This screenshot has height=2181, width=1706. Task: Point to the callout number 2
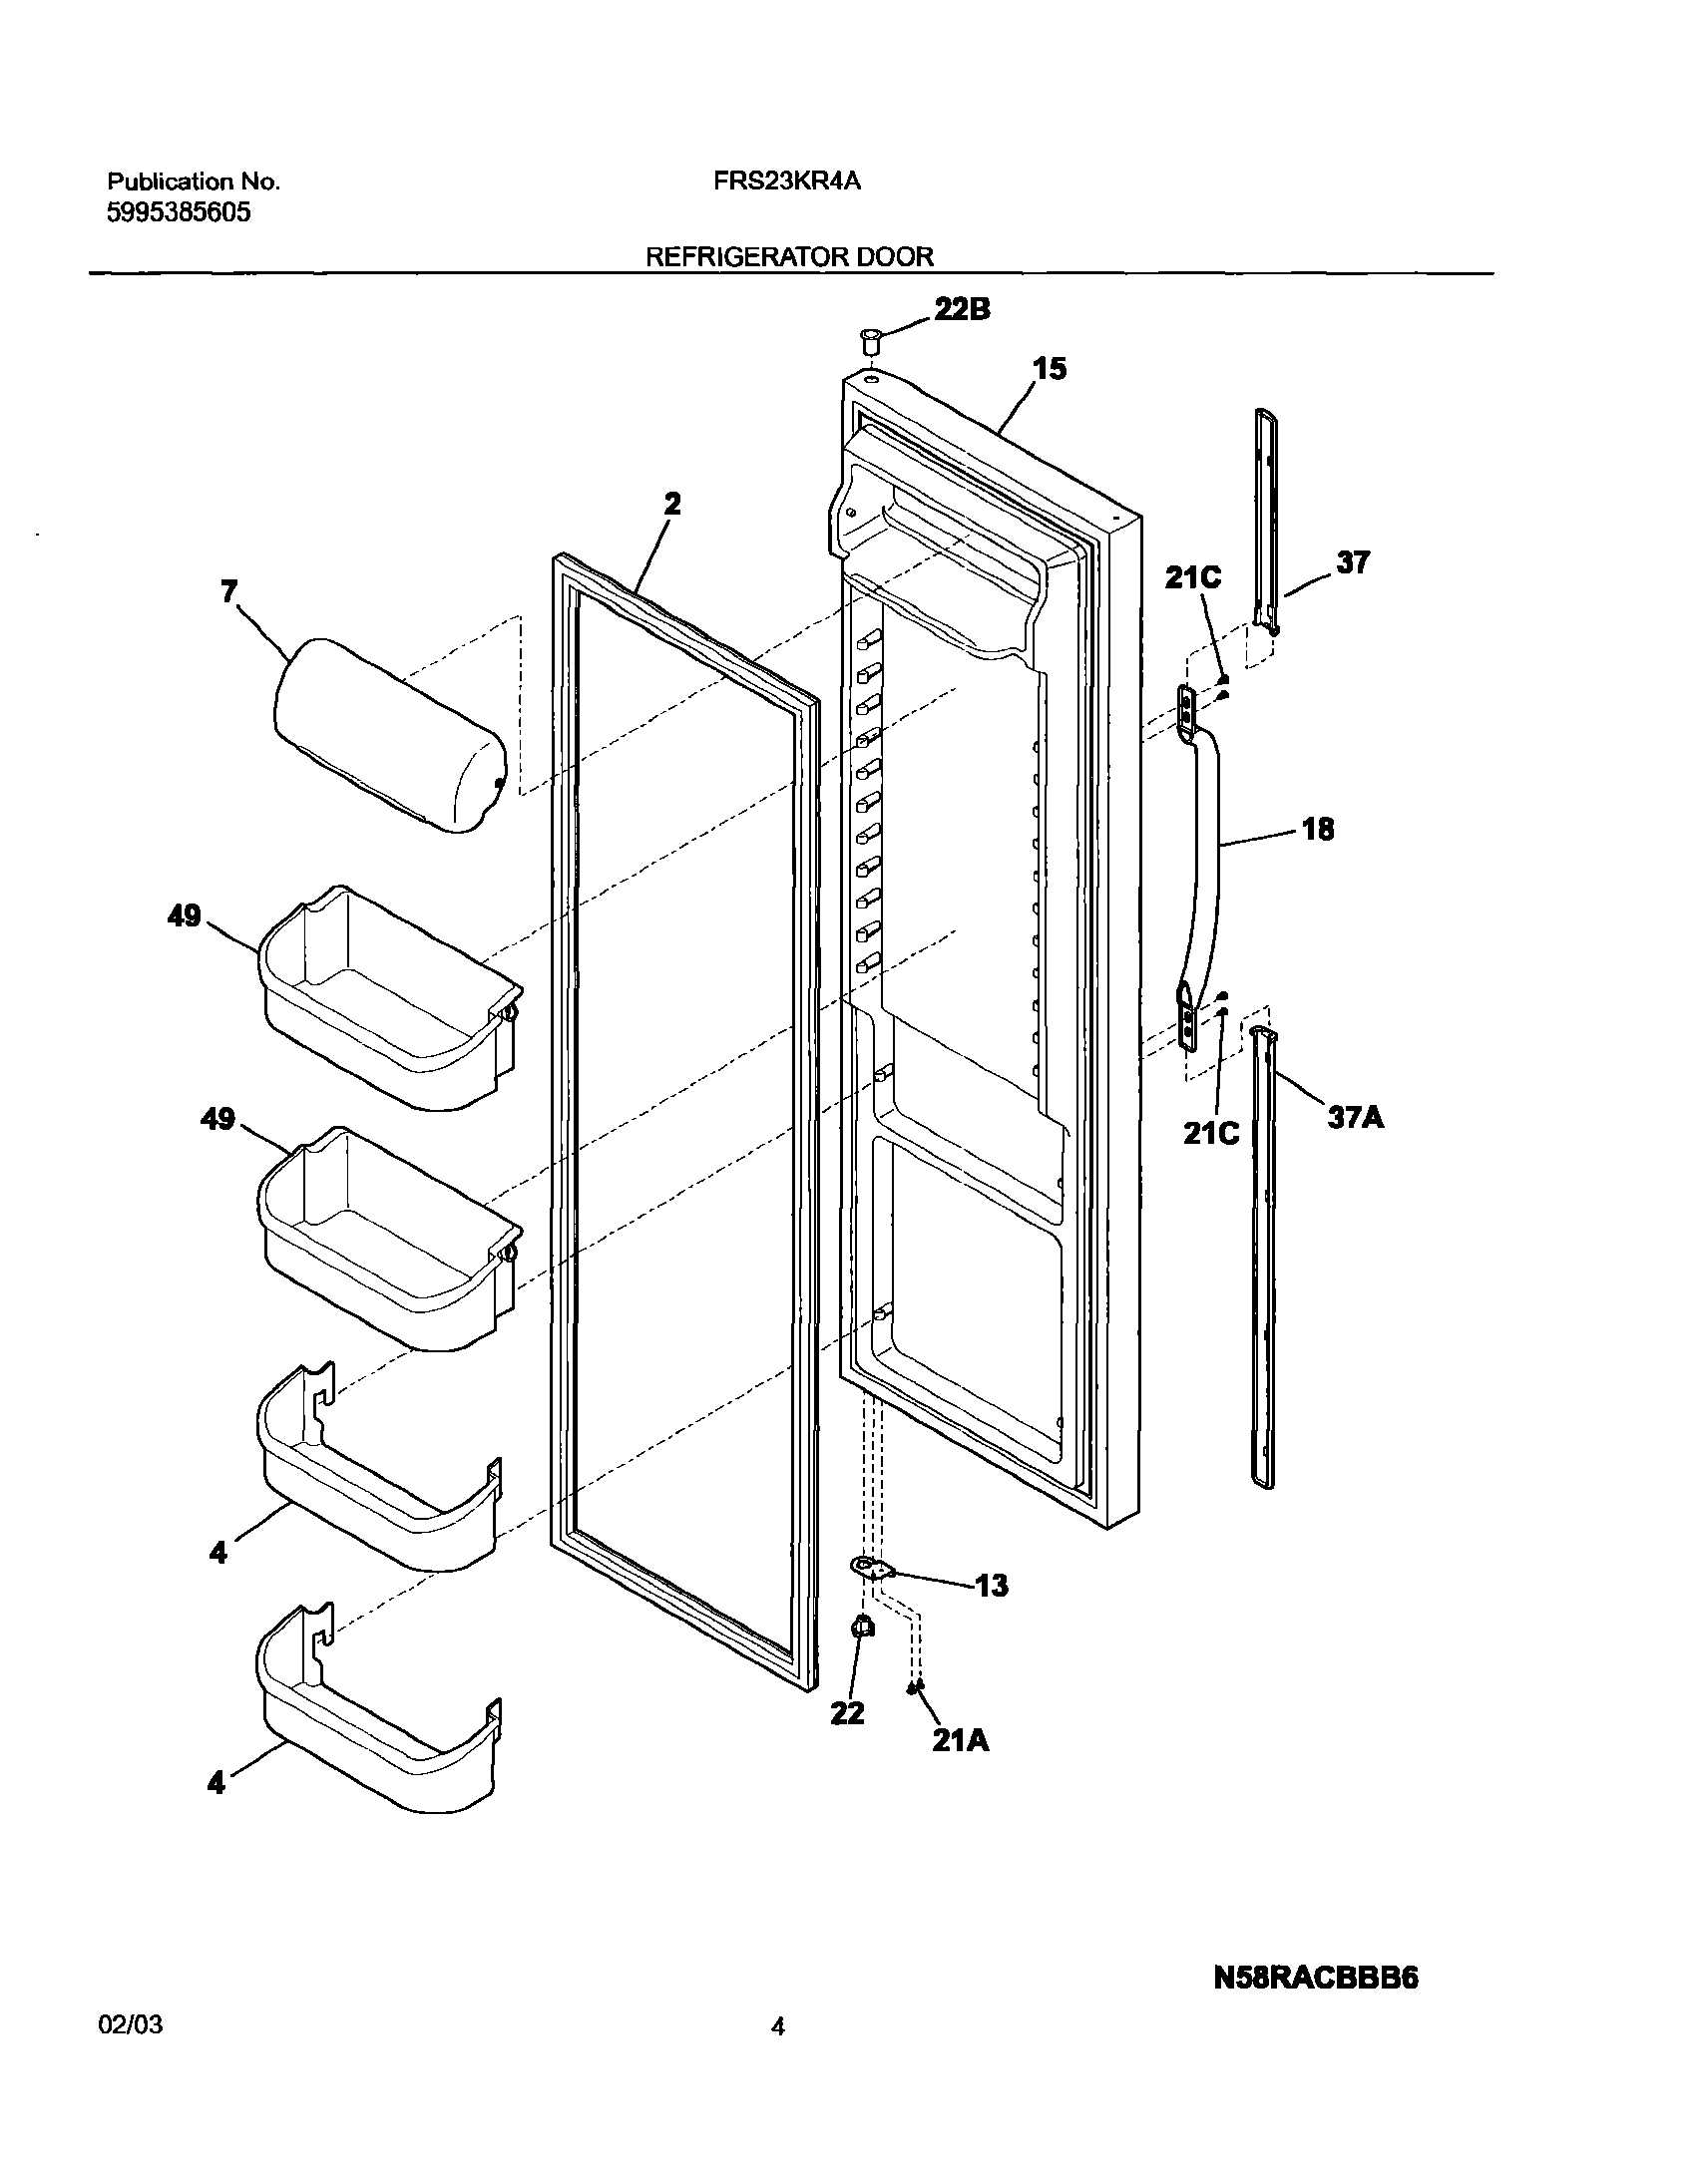(672, 505)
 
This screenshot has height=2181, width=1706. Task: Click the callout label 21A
(960, 1741)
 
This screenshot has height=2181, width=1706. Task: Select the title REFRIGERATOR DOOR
(789, 256)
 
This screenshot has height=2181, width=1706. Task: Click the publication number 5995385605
(179, 212)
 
